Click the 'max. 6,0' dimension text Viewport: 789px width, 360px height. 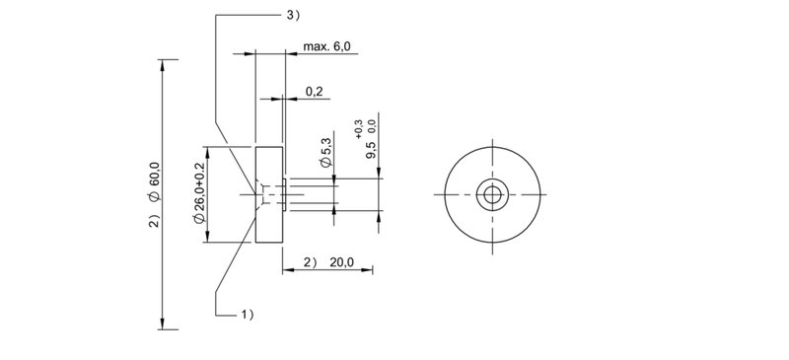coord(326,46)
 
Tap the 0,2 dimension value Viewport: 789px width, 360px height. coord(314,92)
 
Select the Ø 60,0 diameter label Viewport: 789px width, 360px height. coord(154,181)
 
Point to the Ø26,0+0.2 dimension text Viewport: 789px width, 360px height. coord(199,193)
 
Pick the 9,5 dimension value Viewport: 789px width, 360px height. coord(372,150)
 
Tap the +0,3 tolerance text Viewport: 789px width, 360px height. coord(358,129)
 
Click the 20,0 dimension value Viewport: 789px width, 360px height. coord(341,262)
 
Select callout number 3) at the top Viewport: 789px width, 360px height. coord(293,16)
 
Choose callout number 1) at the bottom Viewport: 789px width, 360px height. coord(248,316)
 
